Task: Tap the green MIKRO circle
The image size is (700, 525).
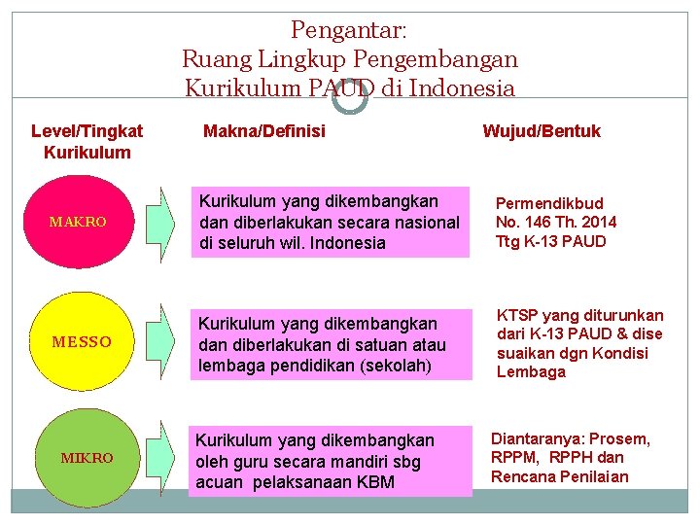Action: point(87,457)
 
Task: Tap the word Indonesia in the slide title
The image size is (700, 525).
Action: point(462,88)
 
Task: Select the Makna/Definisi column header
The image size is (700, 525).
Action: point(263,130)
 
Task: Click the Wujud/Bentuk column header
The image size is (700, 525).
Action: point(542,130)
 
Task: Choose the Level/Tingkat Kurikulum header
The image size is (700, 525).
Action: point(87,141)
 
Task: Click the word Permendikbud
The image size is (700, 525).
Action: point(549,203)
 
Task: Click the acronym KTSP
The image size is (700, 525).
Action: point(516,315)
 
